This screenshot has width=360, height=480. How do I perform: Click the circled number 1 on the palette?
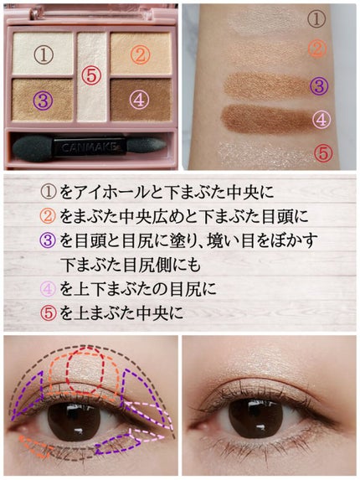coord(44,54)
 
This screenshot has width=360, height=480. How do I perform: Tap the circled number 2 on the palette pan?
coord(140,54)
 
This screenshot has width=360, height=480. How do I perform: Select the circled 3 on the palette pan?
coord(44,101)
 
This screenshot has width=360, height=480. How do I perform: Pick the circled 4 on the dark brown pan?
coord(139,100)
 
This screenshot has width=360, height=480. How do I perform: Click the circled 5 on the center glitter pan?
coord(91,75)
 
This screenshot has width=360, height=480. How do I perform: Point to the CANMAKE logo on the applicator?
coord(89,147)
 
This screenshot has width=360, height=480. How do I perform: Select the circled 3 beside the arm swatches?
coord(319,85)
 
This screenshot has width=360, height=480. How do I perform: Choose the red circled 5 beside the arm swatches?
coord(323,152)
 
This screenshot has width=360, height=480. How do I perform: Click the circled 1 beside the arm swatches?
coord(316,18)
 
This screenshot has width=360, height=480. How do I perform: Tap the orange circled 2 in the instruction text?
coord(48,216)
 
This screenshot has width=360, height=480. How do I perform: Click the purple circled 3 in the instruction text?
coord(48,240)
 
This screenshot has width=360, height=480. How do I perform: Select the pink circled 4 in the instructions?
coord(48,289)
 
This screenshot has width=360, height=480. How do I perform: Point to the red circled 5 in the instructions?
coord(49,312)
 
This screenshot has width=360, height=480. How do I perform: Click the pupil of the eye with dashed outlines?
coord(75,422)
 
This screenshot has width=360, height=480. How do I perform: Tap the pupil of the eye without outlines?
coord(255,419)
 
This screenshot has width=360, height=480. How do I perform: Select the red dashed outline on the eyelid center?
coord(86,370)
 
